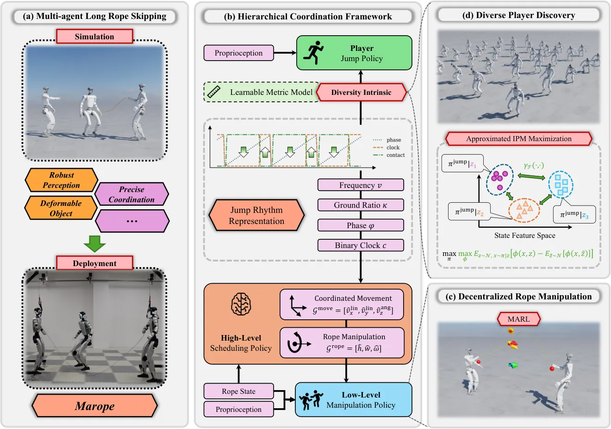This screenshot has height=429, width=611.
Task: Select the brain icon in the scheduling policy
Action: pyautogui.click(x=241, y=304)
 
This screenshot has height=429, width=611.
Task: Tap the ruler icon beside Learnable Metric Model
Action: pyautogui.click(x=214, y=92)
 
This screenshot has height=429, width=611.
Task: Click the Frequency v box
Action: pyautogui.click(x=361, y=185)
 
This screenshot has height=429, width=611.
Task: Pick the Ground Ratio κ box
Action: pyautogui.click(x=361, y=205)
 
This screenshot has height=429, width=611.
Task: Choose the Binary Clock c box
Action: pyautogui.click(x=361, y=245)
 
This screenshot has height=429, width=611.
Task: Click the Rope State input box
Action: pyautogui.click(x=239, y=391)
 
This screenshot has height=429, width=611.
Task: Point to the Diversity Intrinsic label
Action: pyautogui.click(x=362, y=92)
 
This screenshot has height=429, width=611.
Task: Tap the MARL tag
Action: pyautogui.click(x=518, y=319)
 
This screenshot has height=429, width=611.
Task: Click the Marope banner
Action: pyautogui.click(x=94, y=406)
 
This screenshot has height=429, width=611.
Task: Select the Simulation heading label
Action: pyautogui.click(x=94, y=37)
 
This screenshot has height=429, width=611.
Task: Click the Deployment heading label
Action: pyautogui.click(x=94, y=263)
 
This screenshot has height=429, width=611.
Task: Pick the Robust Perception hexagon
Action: pyautogui.click(x=62, y=180)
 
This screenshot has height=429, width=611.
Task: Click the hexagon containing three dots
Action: pyautogui.click(x=132, y=221)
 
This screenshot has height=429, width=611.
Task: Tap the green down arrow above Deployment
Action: pyautogui.click(x=94, y=243)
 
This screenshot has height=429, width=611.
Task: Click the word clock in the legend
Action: pyautogui.click(x=393, y=148)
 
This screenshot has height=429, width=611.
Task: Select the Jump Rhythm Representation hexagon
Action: pyautogui.click(x=256, y=216)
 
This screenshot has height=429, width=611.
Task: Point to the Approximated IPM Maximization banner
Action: pyautogui.click(x=519, y=138)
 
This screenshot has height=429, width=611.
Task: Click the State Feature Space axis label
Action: pyautogui.click(x=525, y=236)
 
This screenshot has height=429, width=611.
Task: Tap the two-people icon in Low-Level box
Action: pyautogui.click(x=311, y=399)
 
